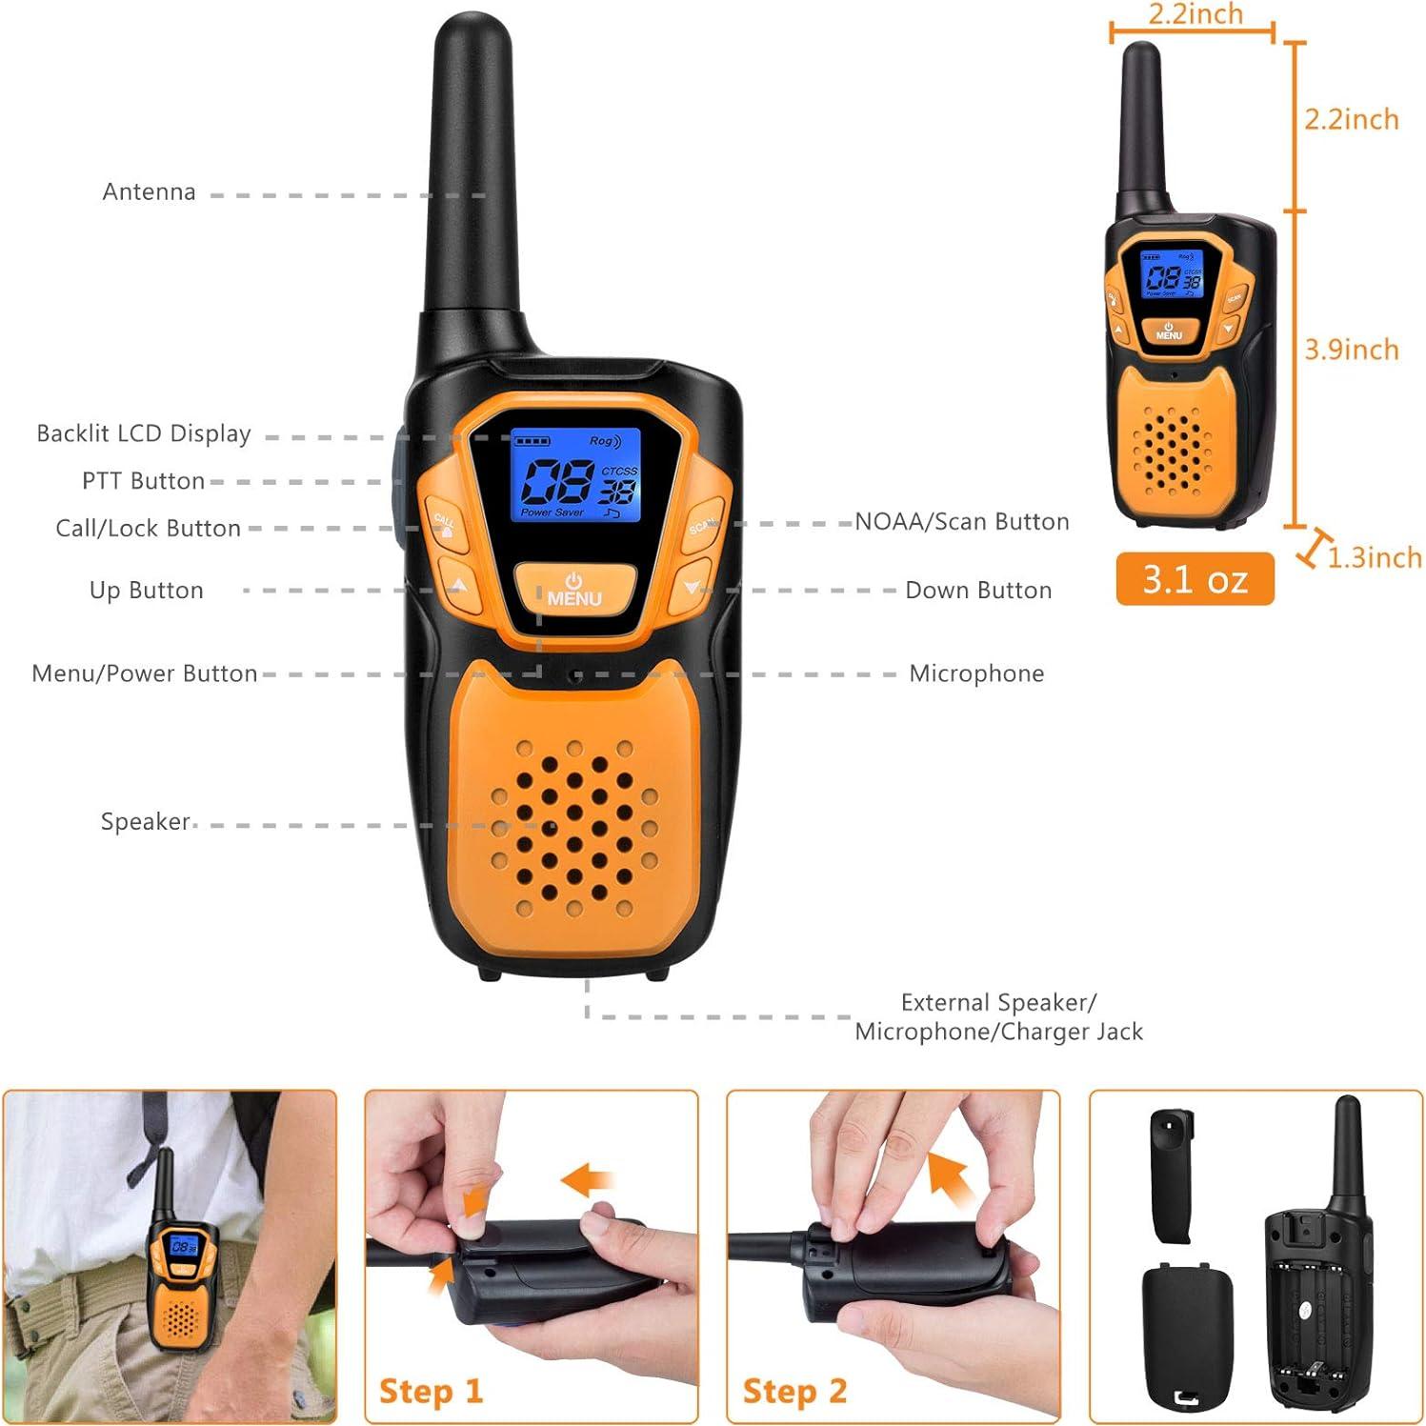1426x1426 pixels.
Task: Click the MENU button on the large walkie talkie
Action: (574, 590)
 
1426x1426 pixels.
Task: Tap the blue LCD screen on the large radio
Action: (575, 474)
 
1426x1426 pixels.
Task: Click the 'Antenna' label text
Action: (149, 191)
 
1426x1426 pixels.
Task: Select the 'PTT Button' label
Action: (143, 481)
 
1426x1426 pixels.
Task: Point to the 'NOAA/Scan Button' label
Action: (961, 522)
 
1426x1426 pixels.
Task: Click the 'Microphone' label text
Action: (975, 673)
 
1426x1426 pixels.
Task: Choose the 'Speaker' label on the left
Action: (145, 821)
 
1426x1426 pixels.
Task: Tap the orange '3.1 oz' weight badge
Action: (1195, 579)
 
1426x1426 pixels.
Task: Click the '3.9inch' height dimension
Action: (1351, 350)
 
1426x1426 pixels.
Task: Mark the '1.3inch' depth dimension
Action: (1374, 557)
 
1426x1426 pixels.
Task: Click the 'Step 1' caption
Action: (431, 1391)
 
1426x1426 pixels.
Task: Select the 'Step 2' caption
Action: (794, 1391)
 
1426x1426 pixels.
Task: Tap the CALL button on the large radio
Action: (445, 524)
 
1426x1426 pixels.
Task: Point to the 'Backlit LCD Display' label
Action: (143, 433)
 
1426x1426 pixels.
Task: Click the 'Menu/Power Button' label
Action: (144, 673)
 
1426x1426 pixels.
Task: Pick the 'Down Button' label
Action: (977, 591)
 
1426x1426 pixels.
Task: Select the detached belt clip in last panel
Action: (1172, 1176)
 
